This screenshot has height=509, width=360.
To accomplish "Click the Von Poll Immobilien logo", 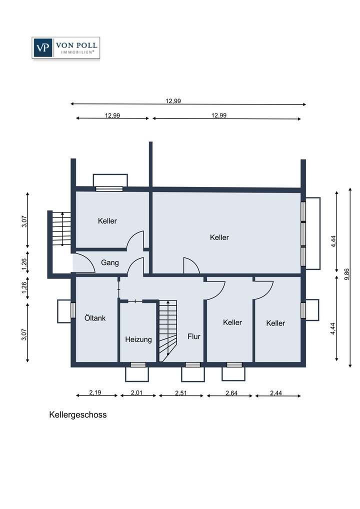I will [x=65, y=48].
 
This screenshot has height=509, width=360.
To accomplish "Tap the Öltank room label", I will [x=94, y=317].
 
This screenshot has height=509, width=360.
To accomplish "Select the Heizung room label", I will [x=138, y=339].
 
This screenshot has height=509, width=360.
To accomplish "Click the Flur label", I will [x=194, y=336].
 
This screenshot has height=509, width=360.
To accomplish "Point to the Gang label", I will [x=110, y=262].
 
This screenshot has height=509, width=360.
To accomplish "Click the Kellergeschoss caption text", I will [x=77, y=414].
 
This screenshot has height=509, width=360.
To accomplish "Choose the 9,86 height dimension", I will [x=347, y=276].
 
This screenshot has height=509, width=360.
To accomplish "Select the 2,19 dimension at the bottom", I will [x=95, y=392].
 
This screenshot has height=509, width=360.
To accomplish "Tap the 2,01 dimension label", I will [x=136, y=392].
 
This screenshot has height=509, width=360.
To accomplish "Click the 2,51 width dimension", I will [x=181, y=392].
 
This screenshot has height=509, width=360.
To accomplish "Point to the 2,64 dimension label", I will [x=231, y=392].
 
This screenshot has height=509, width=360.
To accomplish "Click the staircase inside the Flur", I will [x=168, y=330].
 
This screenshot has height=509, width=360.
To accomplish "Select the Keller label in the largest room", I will [x=219, y=237].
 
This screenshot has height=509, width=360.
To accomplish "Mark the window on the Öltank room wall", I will [x=73, y=310].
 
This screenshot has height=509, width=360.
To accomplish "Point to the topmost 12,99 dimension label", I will [x=173, y=100].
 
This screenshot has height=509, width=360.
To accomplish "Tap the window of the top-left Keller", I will [x=109, y=188].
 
